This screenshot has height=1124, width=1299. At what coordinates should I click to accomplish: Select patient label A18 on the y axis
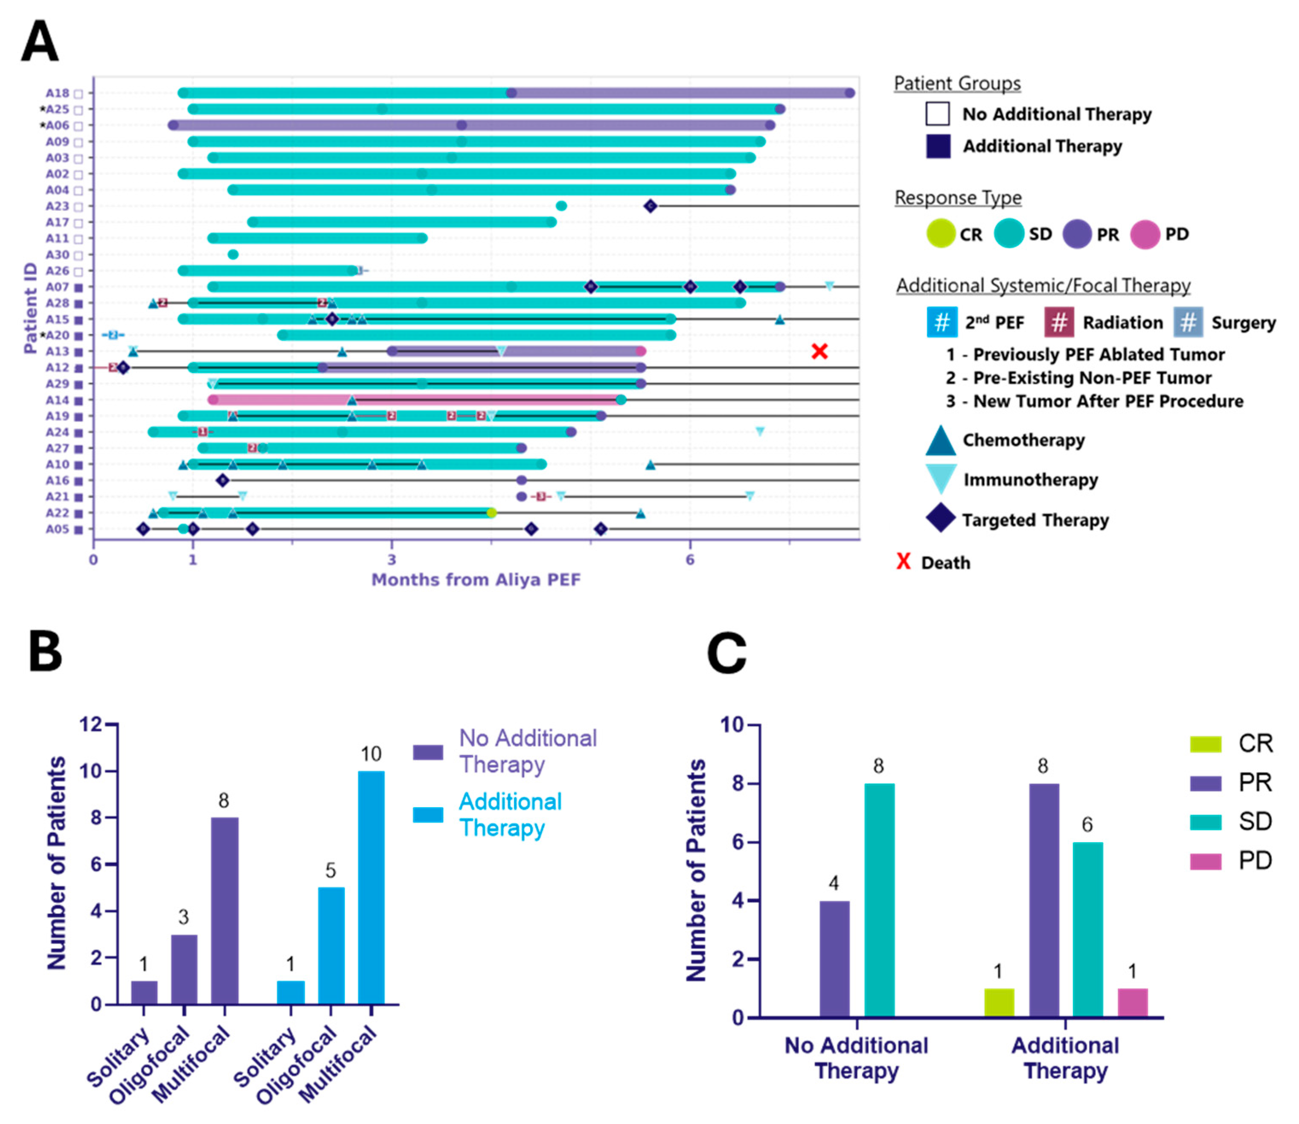click(x=57, y=93)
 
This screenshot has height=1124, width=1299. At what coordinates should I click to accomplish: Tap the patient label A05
click(x=57, y=529)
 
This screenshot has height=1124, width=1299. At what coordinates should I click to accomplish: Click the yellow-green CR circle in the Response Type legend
click(x=940, y=234)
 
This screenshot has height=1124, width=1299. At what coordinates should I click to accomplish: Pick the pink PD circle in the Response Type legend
click(x=1144, y=234)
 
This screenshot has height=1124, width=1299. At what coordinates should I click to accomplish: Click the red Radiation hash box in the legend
click(x=1058, y=322)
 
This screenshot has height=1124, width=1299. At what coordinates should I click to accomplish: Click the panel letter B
click(x=45, y=652)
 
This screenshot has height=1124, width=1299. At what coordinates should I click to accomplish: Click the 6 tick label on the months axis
click(x=690, y=559)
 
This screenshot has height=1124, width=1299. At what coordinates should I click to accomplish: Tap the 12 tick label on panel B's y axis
click(x=90, y=725)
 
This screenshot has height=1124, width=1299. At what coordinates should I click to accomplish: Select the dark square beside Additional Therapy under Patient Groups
click(x=938, y=146)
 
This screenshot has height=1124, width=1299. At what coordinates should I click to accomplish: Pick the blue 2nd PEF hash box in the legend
click(x=942, y=322)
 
